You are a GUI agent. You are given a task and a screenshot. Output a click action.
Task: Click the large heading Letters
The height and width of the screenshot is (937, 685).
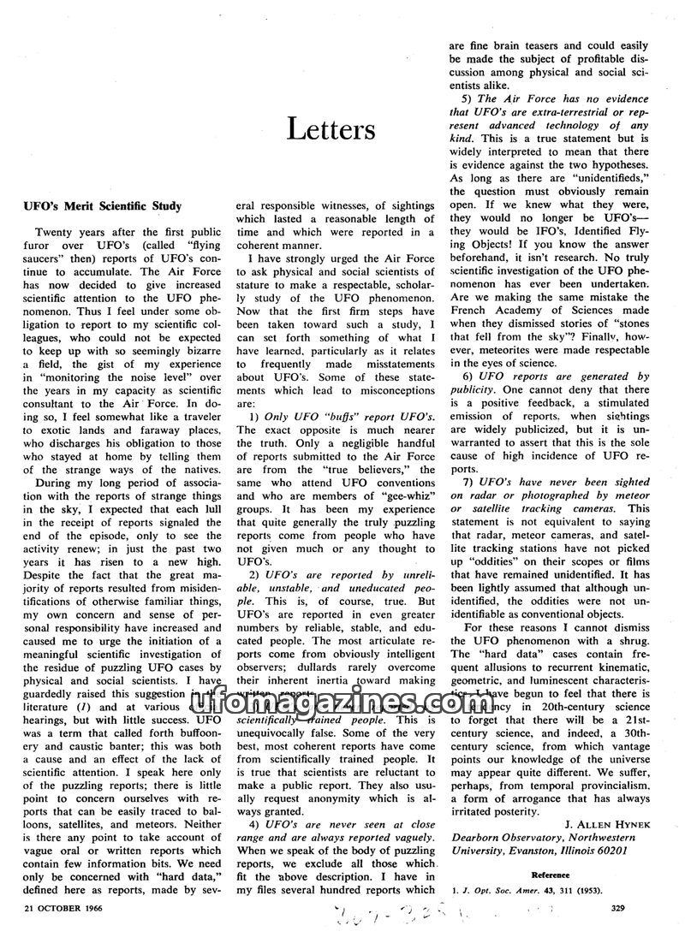click(x=331, y=129)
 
